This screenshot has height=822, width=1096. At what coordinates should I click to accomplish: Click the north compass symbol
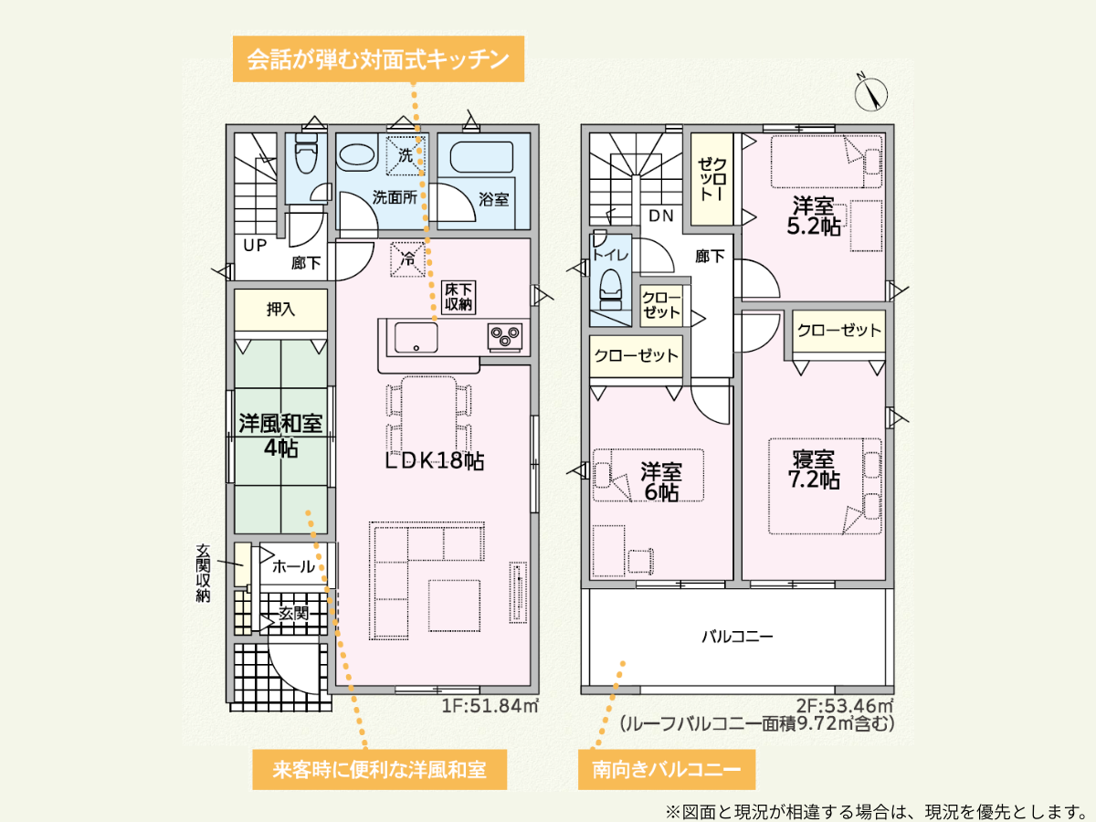[x=870, y=94]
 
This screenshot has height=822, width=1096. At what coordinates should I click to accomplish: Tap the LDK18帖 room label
[x=435, y=460]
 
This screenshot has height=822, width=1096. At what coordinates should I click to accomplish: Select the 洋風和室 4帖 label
[x=280, y=436]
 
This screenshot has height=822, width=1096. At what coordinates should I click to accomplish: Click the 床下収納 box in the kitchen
[x=458, y=297]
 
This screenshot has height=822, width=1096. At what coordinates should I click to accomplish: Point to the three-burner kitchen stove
[x=505, y=336]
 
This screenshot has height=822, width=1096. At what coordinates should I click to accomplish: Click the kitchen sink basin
[x=416, y=337]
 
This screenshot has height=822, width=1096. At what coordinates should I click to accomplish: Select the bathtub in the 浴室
[x=481, y=157]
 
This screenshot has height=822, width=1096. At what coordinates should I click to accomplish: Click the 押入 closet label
[x=280, y=309]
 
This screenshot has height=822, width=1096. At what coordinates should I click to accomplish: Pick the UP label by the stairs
[x=255, y=245]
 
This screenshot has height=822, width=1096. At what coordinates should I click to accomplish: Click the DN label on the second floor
[x=661, y=216]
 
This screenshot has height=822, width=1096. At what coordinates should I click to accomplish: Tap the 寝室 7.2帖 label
[x=814, y=469]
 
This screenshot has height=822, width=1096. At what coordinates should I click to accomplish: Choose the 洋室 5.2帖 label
[x=814, y=216]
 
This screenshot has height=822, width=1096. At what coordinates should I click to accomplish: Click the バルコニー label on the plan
[x=737, y=637]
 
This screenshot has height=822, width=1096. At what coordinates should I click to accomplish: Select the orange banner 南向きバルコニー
[x=667, y=769]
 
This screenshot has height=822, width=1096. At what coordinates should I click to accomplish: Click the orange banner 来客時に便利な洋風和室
[x=379, y=769]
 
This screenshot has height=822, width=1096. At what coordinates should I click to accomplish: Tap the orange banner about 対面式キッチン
[x=378, y=58]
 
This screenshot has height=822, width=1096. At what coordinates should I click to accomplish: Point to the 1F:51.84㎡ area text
[x=490, y=706]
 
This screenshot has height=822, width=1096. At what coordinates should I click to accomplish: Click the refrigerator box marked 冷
[x=408, y=259]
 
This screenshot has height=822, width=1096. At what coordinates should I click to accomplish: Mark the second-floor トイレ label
[x=610, y=255]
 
